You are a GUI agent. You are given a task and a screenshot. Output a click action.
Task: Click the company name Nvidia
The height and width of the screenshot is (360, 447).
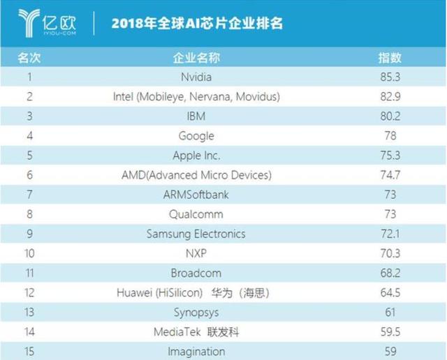[196, 77]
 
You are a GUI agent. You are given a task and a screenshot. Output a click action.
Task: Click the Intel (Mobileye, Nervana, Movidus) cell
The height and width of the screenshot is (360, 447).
[196, 96]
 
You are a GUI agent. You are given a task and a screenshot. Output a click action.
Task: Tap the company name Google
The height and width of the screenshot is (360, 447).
[196, 135]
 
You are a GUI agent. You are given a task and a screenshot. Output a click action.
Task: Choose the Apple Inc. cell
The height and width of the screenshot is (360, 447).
[196, 155]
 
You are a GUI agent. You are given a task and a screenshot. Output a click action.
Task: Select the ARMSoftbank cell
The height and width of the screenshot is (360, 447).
[196, 194]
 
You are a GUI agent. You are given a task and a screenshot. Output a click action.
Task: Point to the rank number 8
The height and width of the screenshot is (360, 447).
[30, 214]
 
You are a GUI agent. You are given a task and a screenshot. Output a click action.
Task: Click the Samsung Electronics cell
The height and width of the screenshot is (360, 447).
[196, 234]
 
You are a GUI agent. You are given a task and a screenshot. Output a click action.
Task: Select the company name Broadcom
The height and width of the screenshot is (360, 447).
[196, 273]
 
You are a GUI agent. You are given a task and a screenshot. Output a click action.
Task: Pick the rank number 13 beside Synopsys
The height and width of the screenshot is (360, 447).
[30, 312]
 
